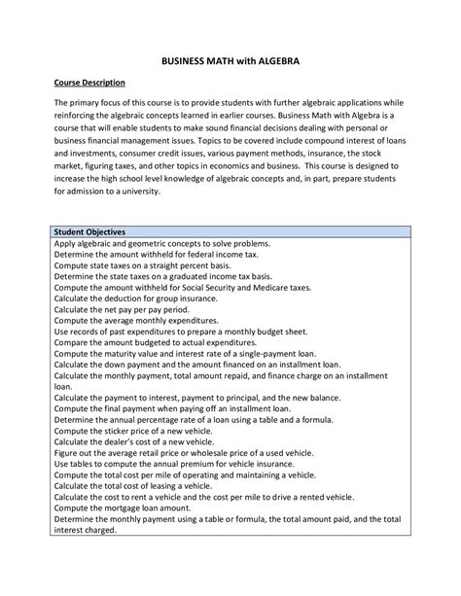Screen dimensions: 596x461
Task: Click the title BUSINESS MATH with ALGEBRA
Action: pos(230,60)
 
